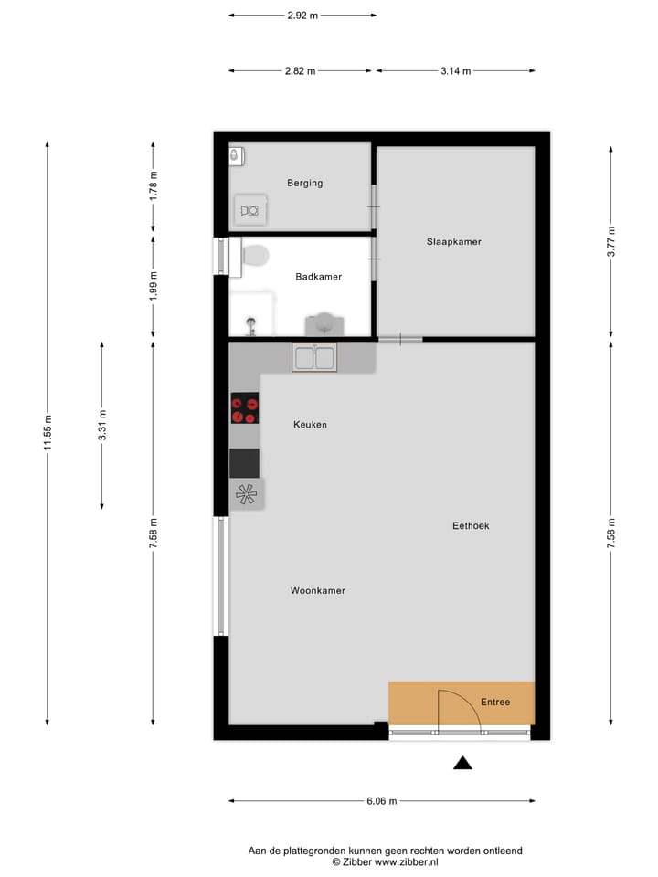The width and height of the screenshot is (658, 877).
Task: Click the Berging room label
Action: coord(304,183)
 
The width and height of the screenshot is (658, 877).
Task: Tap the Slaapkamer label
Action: coord(453,242)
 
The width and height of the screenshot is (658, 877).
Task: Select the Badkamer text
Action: coord(318,277)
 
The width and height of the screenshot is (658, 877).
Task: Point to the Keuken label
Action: coord(310,425)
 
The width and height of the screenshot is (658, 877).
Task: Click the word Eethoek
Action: coord(472,526)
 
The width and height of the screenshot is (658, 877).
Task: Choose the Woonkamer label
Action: coord(317,591)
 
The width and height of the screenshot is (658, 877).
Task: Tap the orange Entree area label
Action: coord(494,702)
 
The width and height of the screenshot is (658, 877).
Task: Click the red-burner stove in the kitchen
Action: coord(244,408)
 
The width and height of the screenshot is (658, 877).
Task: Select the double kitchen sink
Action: coord(314,357)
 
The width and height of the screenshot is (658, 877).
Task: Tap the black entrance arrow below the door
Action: coord(463,764)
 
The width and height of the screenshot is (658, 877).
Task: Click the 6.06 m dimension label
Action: coord(381,802)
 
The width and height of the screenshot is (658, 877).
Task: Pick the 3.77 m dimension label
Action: coord(611,243)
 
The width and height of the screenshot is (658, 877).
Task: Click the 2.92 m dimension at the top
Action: coord(302,16)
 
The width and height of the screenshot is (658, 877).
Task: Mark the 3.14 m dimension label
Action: coord(455,71)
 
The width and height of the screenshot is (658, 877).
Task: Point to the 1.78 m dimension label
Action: coord(154,186)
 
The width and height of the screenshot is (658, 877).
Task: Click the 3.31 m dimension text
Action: coord(102,426)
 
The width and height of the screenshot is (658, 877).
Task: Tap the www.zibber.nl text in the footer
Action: coord(407,861)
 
